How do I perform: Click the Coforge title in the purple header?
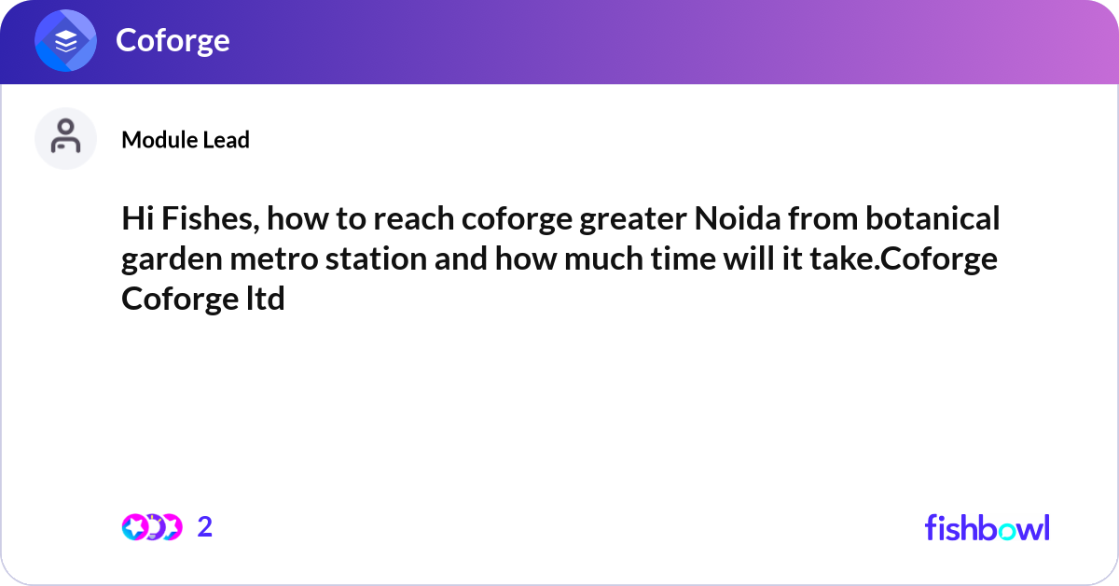point(173,40)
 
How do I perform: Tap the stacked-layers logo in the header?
point(65,42)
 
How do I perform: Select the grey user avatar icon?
point(65,138)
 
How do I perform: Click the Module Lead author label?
point(186,140)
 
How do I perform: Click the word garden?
point(170,260)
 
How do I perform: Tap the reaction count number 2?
point(205,527)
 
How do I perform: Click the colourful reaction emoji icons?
point(152,527)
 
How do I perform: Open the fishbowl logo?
point(987,527)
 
